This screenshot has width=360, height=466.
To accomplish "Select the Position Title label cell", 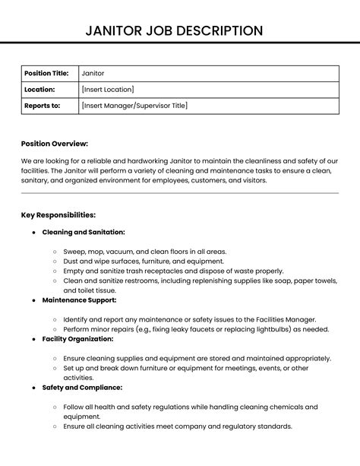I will click(x=46, y=73).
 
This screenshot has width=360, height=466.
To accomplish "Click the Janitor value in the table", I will click(x=93, y=73).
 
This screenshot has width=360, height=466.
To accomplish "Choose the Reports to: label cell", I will click(x=43, y=106).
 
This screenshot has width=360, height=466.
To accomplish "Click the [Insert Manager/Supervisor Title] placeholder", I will click(x=134, y=106).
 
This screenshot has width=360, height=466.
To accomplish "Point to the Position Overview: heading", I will click(x=55, y=144).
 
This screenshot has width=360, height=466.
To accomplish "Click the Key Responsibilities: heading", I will click(x=58, y=215).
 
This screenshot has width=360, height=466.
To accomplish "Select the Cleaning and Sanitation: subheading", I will click(x=84, y=232).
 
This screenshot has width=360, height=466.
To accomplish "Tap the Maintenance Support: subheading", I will click(x=79, y=300).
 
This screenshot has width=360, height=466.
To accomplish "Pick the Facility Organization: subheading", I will click(x=78, y=338).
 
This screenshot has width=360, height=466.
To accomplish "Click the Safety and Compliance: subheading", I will click(x=81, y=387).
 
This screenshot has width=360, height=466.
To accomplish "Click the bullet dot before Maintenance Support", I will click(x=34, y=300).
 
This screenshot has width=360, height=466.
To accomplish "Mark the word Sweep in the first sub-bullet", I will click(x=74, y=251).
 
